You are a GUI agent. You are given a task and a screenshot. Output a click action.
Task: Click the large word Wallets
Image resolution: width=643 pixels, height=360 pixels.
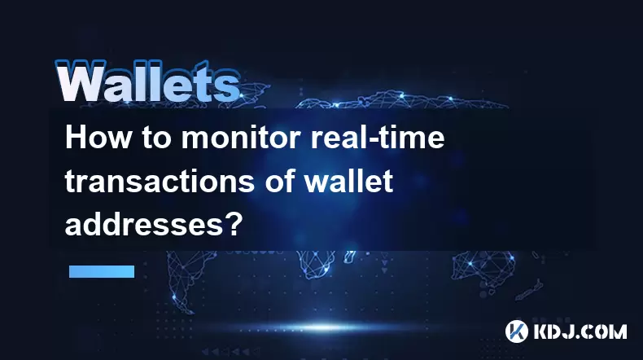[147, 81]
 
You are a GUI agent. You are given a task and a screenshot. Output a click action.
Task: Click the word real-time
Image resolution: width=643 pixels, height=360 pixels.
[378, 137]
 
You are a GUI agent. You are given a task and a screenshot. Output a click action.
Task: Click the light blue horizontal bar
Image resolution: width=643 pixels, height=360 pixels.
[102, 271]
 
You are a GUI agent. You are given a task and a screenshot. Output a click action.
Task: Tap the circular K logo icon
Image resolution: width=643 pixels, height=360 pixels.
[517, 331]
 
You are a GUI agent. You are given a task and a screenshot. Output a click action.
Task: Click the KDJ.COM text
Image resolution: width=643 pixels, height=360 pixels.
[580, 331]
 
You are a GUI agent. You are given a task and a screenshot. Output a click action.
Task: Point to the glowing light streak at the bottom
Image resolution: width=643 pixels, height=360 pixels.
[324, 327]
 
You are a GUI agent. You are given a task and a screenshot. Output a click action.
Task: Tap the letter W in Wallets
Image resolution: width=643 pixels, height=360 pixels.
[81, 81]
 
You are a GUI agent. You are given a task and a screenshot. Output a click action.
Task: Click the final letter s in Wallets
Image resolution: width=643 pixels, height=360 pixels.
[230, 87]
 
